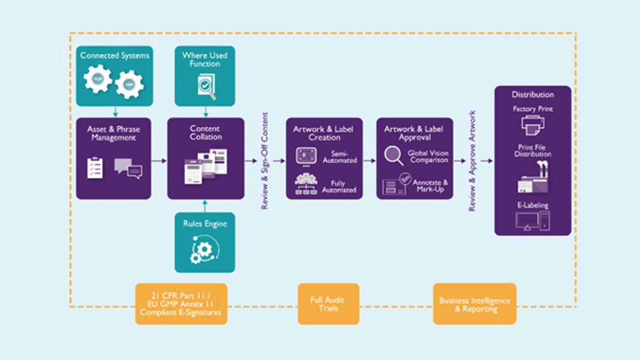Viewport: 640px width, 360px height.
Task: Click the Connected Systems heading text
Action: pyautogui.click(x=114, y=55)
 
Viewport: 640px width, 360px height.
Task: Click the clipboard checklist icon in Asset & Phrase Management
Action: pyautogui.click(x=94, y=168)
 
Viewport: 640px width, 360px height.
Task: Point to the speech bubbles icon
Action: pyautogui.click(x=128, y=168)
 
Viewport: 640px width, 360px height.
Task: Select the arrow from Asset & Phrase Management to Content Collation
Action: pyautogui.click(x=158, y=160)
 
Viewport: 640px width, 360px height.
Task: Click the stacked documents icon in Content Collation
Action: pyautogui.click(x=205, y=166)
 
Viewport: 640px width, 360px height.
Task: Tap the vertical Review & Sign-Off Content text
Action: pyautogui.click(x=265, y=160)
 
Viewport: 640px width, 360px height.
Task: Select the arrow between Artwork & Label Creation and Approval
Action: pyautogui.click(x=369, y=160)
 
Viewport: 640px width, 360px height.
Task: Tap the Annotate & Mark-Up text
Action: pyautogui.click(x=430, y=186)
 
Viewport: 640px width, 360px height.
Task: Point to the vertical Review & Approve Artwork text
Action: pyautogui.click(x=471, y=160)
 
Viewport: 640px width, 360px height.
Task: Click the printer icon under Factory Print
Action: pyautogui.click(x=532, y=125)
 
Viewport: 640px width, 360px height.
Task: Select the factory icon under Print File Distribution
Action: pyautogui.click(x=532, y=180)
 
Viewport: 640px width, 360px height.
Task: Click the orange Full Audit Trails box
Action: pyautogui.click(x=328, y=304)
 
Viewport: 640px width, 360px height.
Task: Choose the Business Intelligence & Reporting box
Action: pyautogui.click(x=474, y=304)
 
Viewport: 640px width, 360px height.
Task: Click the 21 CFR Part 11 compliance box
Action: pyautogui.click(x=181, y=304)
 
